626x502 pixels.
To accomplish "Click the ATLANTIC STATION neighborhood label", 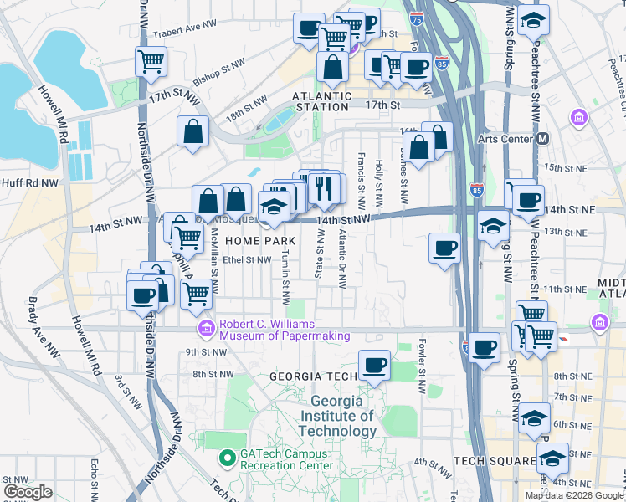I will [321, 101].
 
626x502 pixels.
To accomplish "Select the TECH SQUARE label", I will [494, 461].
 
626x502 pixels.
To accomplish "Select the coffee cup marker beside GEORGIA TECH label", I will [374, 365].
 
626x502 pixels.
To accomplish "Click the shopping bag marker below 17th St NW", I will [192, 131].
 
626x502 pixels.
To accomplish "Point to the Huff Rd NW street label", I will [30, 182].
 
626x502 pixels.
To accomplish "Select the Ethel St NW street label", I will [247, 259].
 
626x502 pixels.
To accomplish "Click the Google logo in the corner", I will [28, 492].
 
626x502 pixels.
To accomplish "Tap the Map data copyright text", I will [573, 495].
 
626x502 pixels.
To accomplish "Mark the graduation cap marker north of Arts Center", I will [533, 20].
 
